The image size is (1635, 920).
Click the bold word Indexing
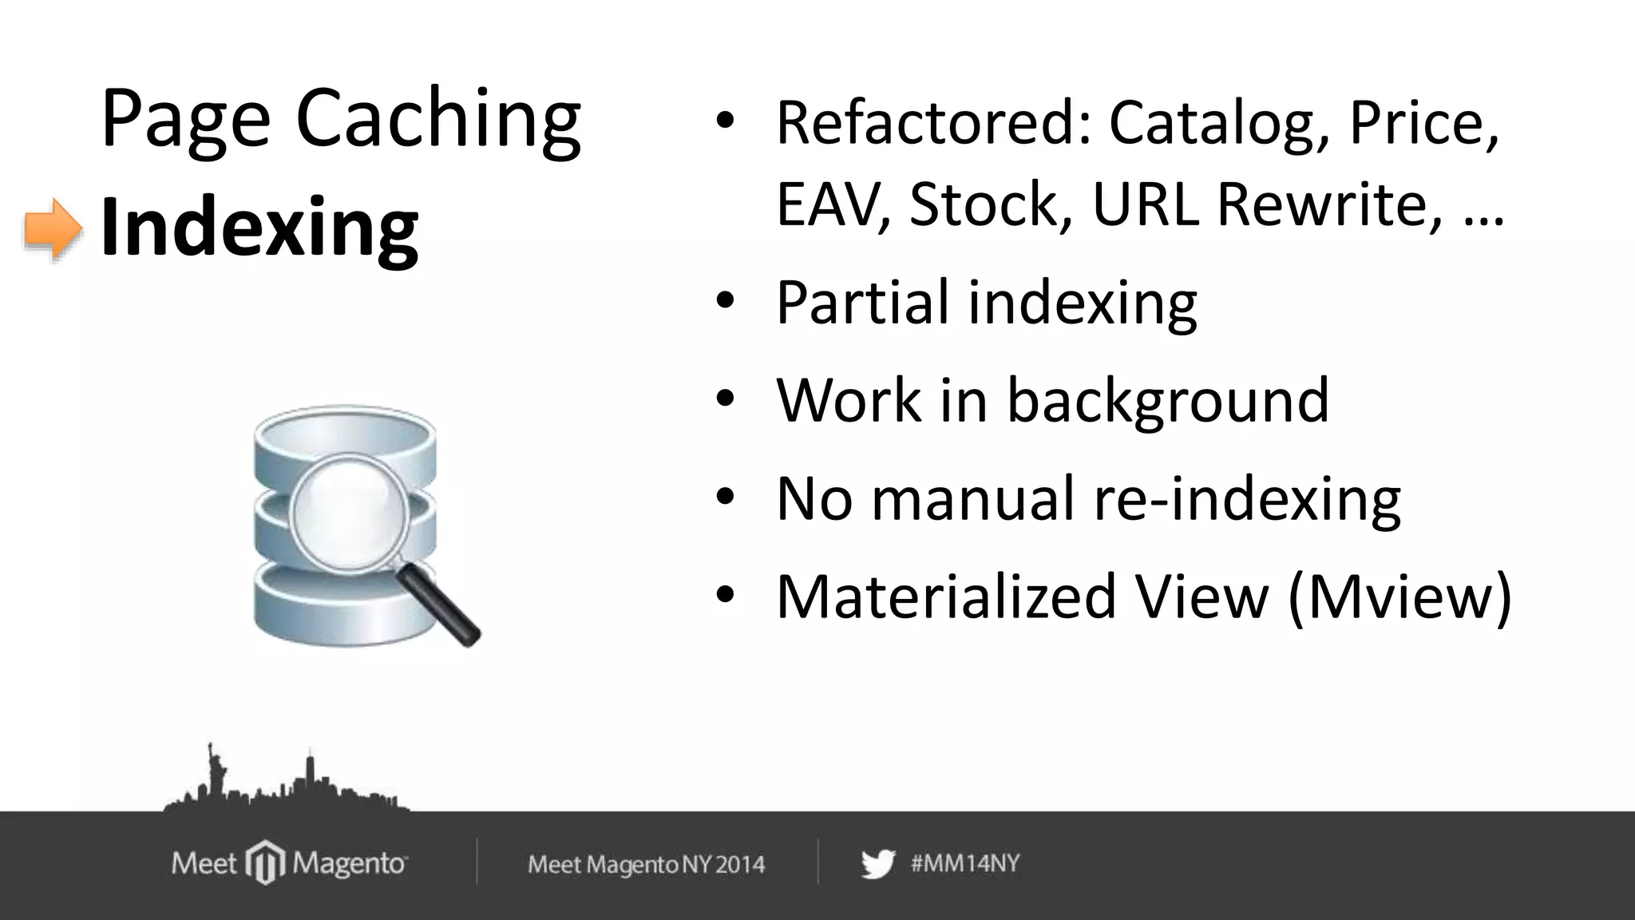coord(259,228)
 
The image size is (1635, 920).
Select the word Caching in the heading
coord(437,120)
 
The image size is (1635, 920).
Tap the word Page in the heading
coord(185,120)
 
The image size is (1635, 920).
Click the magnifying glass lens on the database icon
coord(350,513)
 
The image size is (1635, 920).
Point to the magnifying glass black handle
coord(439,605)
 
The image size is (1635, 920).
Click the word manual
coord(972,498)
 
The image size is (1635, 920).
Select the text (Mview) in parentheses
coord(1399,597)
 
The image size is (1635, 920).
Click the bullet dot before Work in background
coord(724,399)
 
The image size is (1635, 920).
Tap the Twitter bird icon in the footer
coord(878,864)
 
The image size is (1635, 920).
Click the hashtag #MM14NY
coord(965,863)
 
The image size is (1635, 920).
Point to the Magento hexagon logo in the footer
coord(264,863)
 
